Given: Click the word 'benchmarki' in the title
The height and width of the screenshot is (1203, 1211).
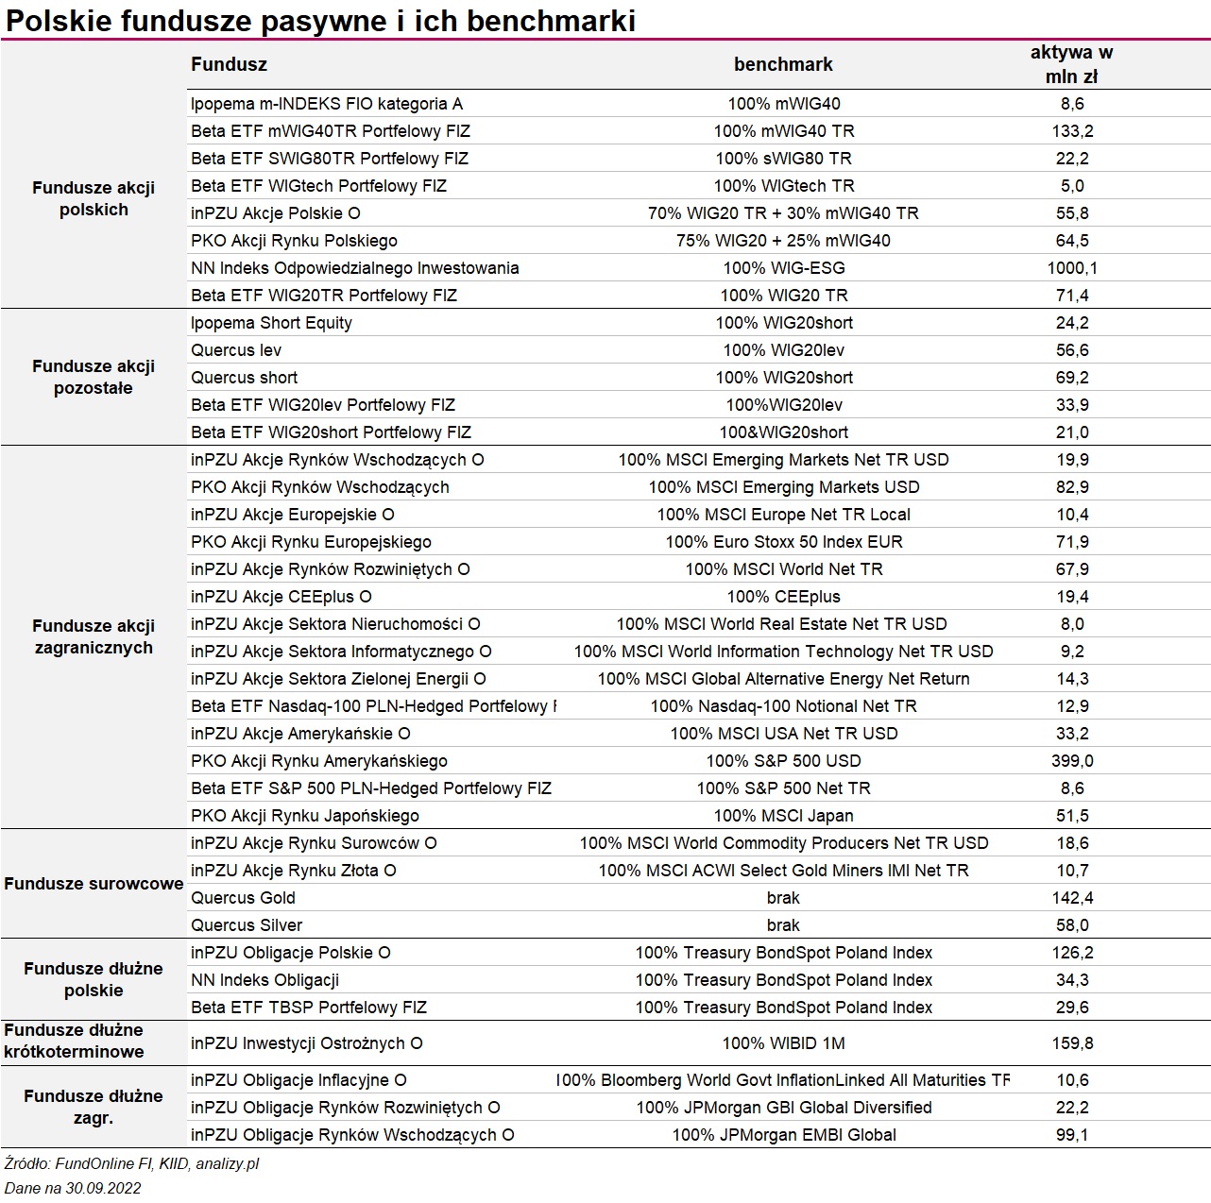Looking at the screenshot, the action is coord(551,21).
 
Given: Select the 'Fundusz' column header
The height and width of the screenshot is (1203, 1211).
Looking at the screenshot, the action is coord(229,64).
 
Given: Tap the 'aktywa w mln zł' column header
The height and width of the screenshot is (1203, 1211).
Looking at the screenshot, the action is coord(1071,64).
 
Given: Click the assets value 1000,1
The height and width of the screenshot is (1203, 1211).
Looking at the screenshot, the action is coord(1072,268).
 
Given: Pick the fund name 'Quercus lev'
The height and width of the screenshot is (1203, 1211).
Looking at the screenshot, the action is coord(236,350).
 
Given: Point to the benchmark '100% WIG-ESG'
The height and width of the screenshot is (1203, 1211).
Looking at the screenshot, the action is coord(784,268).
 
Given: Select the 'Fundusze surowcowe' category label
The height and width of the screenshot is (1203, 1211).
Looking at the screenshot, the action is coord(94,883).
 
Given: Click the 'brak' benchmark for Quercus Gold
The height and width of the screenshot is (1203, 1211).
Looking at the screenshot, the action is coord(783,898).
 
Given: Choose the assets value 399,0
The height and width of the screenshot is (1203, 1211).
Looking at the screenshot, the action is coord(1072,761).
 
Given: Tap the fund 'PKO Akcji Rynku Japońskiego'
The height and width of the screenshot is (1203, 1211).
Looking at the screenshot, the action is coord(305,816).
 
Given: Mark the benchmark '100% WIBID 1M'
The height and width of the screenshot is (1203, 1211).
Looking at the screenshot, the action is coord(784,1042).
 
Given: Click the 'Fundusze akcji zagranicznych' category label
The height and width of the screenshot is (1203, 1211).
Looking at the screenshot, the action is coord(94,636).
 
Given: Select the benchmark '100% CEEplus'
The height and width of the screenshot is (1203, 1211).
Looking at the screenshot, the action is coord(784,597).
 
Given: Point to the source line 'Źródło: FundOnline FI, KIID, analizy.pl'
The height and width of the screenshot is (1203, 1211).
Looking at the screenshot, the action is coord(131,1163).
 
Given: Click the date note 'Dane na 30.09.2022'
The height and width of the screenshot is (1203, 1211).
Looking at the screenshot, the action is coord(73,1188).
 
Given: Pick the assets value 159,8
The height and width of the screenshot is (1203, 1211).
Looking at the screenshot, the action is coord(1072,1042).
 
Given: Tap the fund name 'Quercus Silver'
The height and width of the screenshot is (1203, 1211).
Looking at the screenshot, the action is coord(247,924).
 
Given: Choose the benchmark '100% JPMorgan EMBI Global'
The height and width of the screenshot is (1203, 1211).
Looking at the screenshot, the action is coord(784,1134).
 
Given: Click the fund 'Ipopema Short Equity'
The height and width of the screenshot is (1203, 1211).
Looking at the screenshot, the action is coord(271,323).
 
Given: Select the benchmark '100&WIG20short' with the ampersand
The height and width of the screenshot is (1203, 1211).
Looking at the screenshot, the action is coord(784,432).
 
